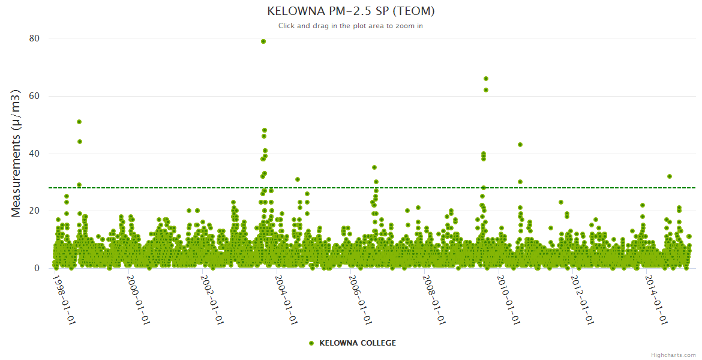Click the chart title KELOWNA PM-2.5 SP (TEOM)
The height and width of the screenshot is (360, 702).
pos(350,11)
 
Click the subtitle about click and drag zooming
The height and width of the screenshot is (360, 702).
pos(350,26)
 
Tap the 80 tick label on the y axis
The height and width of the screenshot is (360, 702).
pos(34,38)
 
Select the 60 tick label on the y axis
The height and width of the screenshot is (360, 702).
pos(34,96)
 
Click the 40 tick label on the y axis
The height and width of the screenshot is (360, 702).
pos(34,154)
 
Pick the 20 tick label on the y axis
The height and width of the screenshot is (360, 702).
pos(34,211)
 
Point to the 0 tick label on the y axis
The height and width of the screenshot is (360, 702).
pos(37,268)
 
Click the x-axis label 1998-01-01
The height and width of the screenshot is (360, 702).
pos(64,300)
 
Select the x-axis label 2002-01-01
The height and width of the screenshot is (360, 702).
pos(212,300)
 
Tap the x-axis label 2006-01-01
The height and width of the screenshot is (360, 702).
pos(360,300)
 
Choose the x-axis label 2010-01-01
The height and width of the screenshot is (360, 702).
pos(508,300)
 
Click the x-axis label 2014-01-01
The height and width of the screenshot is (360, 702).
pos(656,300)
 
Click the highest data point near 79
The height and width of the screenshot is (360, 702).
pos(263,41)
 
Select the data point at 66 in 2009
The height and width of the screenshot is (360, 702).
pos(486,79)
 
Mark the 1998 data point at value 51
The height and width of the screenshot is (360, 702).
pos(79,122)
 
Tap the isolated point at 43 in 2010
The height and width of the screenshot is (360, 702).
pos(520,145)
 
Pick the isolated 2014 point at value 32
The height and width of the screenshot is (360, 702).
pos(670,176)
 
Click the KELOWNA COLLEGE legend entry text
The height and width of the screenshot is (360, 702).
pos(358,343)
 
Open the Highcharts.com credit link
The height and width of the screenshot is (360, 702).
pos(673,355)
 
